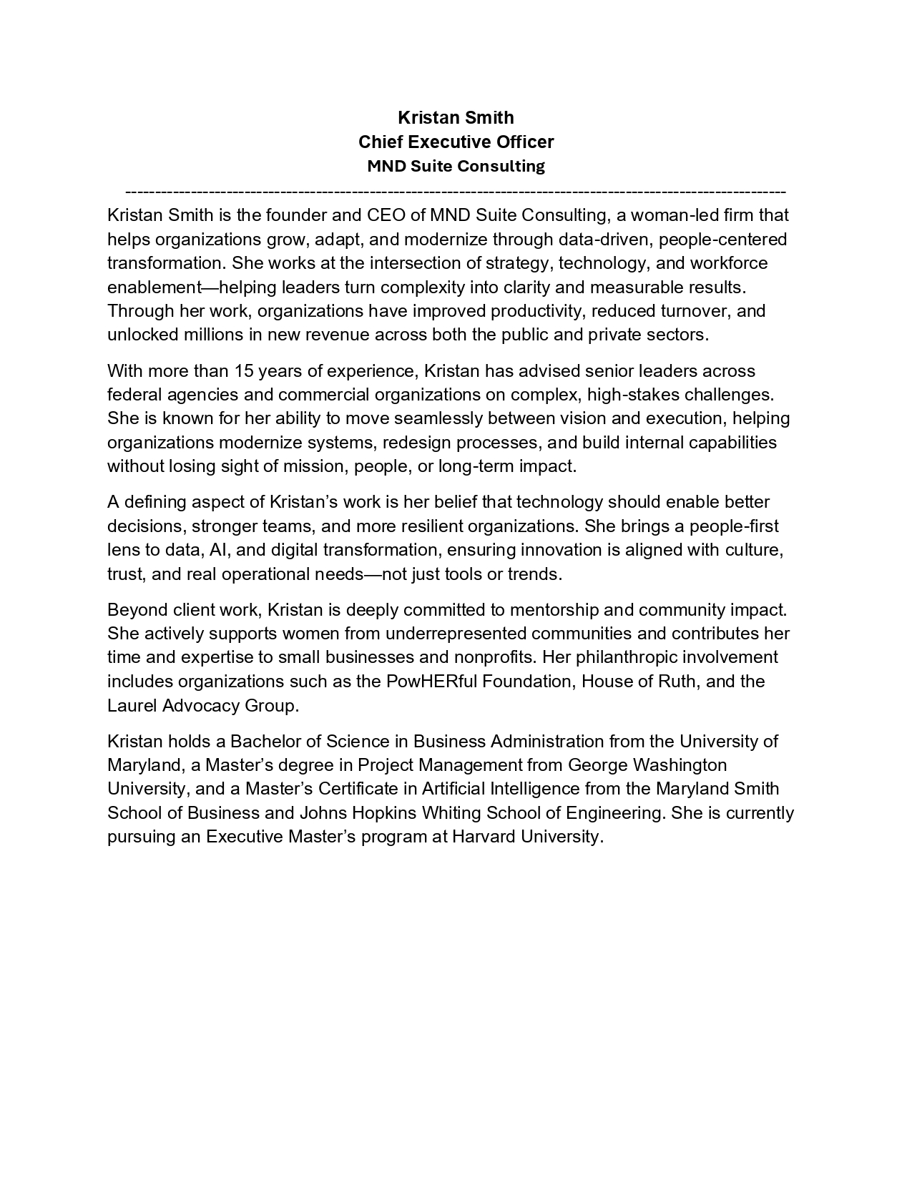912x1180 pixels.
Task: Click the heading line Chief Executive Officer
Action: coord(456,142)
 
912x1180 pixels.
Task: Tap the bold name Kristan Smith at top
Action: coord(456,117)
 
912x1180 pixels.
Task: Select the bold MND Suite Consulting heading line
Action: coord(456,166)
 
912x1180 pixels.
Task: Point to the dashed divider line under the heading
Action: coord(456,192)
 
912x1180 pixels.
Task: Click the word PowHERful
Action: coord(431,681)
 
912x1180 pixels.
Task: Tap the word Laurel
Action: coord(132,706)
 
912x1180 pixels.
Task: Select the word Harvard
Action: coord(484,837)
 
